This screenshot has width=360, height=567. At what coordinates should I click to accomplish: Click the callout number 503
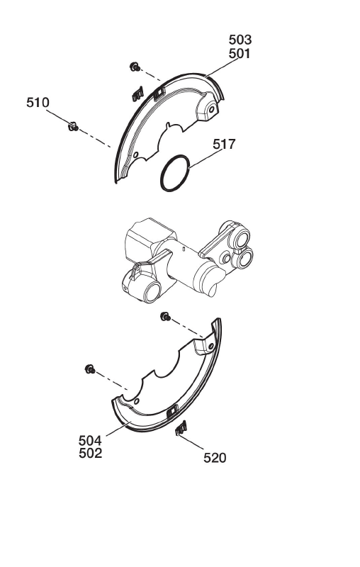click(240, 40)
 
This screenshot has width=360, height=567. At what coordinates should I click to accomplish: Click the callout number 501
click(240, 54)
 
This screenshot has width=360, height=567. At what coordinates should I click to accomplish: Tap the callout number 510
click(38, 103)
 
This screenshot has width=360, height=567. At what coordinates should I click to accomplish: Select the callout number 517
click(224, 145)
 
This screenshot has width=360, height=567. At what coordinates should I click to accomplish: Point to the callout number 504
click(90, 441)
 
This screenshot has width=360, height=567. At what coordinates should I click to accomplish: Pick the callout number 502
click(90, 454)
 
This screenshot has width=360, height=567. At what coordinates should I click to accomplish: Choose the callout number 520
click(215, 458)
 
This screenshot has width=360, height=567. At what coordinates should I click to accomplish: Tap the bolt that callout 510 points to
click(74, 127)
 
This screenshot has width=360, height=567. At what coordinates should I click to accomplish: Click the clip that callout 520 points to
click(181, 429)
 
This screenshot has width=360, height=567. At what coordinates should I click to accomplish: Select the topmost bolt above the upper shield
click(135, 67)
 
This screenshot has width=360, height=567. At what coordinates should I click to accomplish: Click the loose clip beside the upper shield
click(137, 94)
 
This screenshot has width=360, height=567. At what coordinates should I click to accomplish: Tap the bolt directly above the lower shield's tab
click(166, 317)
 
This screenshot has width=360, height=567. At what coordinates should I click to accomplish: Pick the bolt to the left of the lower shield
click(90, 369)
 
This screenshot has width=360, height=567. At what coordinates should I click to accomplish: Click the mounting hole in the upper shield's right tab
click(212, 109)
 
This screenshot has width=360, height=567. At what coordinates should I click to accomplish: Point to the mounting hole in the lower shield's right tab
click(210, 346)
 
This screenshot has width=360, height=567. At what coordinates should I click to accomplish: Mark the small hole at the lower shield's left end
click(136, 401)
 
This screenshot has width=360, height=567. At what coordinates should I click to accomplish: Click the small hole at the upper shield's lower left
click(135, 155)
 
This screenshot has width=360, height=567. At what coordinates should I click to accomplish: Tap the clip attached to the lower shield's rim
click(172, 411)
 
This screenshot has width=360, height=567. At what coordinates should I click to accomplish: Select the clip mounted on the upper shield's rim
click(159, 94)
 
